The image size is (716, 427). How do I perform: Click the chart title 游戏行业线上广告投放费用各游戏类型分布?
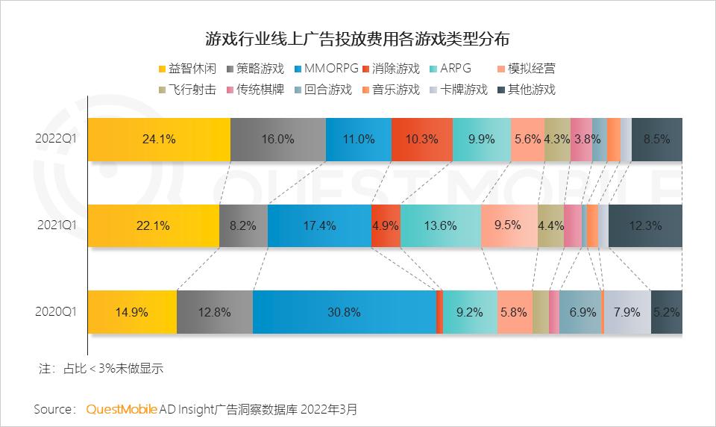pos(358,39)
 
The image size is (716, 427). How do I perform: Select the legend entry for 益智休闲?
pos(187,69)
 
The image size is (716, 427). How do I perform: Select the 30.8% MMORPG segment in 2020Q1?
pos(344,312)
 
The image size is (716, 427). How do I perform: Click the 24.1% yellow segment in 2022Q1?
pos(159,139)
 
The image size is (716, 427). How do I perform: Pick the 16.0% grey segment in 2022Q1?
pos(278,139)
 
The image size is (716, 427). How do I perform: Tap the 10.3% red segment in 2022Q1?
pos(421,139)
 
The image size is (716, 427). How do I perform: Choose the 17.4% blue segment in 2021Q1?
pos(319,225)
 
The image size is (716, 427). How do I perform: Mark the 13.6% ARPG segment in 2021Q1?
pos(440,225)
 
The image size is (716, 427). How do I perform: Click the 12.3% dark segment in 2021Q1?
pos(644,225)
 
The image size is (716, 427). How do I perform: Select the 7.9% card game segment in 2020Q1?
pos(627,312)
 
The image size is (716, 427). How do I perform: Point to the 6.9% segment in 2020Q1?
pos(581,312)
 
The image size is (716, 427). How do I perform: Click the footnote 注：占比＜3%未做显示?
pos(101,368)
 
